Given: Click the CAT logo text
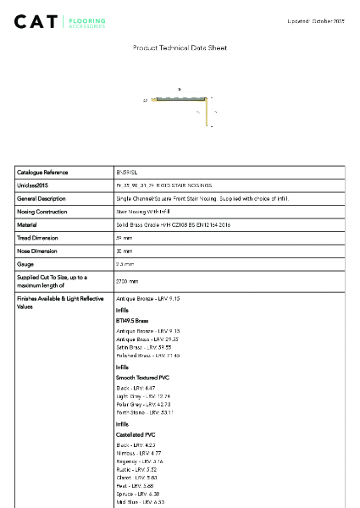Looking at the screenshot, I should point(36,21).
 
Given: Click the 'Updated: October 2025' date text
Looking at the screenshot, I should point(316,20).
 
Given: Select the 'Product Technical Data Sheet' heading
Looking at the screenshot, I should point(180,48).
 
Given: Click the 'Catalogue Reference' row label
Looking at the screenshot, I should point(42,172).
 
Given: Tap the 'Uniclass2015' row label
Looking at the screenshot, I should point(35,185).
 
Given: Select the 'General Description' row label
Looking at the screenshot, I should point(42,198).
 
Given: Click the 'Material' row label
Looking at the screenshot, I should point(27,225).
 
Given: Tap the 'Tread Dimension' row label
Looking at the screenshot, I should point(38,238).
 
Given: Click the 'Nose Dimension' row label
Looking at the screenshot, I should point(37,251).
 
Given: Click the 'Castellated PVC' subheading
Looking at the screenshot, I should point(136,434).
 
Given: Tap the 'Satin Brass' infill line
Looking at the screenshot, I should point(144,347).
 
